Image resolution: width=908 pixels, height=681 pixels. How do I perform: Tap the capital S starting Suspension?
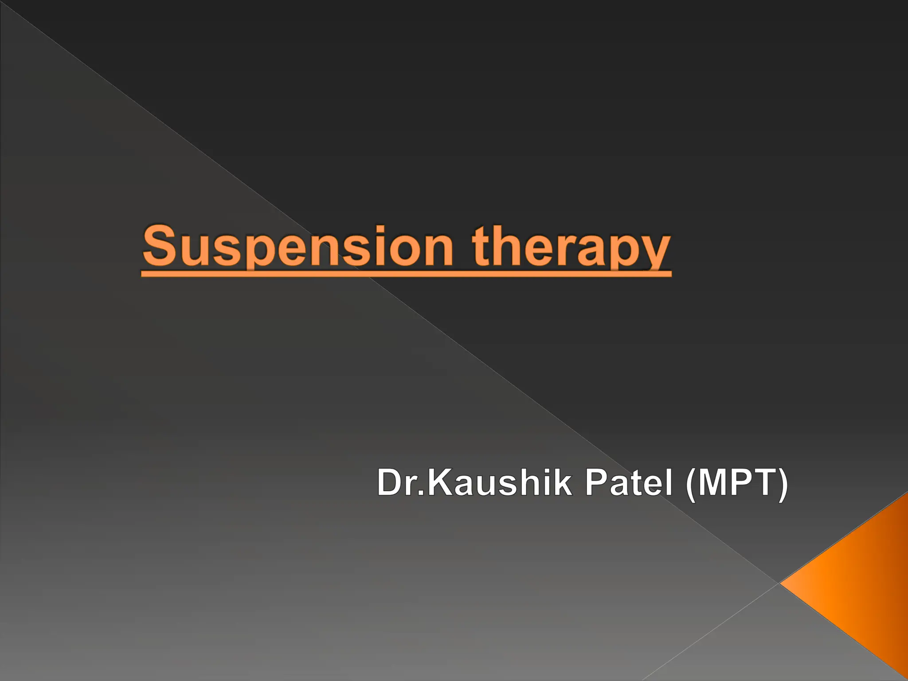157,246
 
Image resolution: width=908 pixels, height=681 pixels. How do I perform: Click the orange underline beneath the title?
406,274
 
